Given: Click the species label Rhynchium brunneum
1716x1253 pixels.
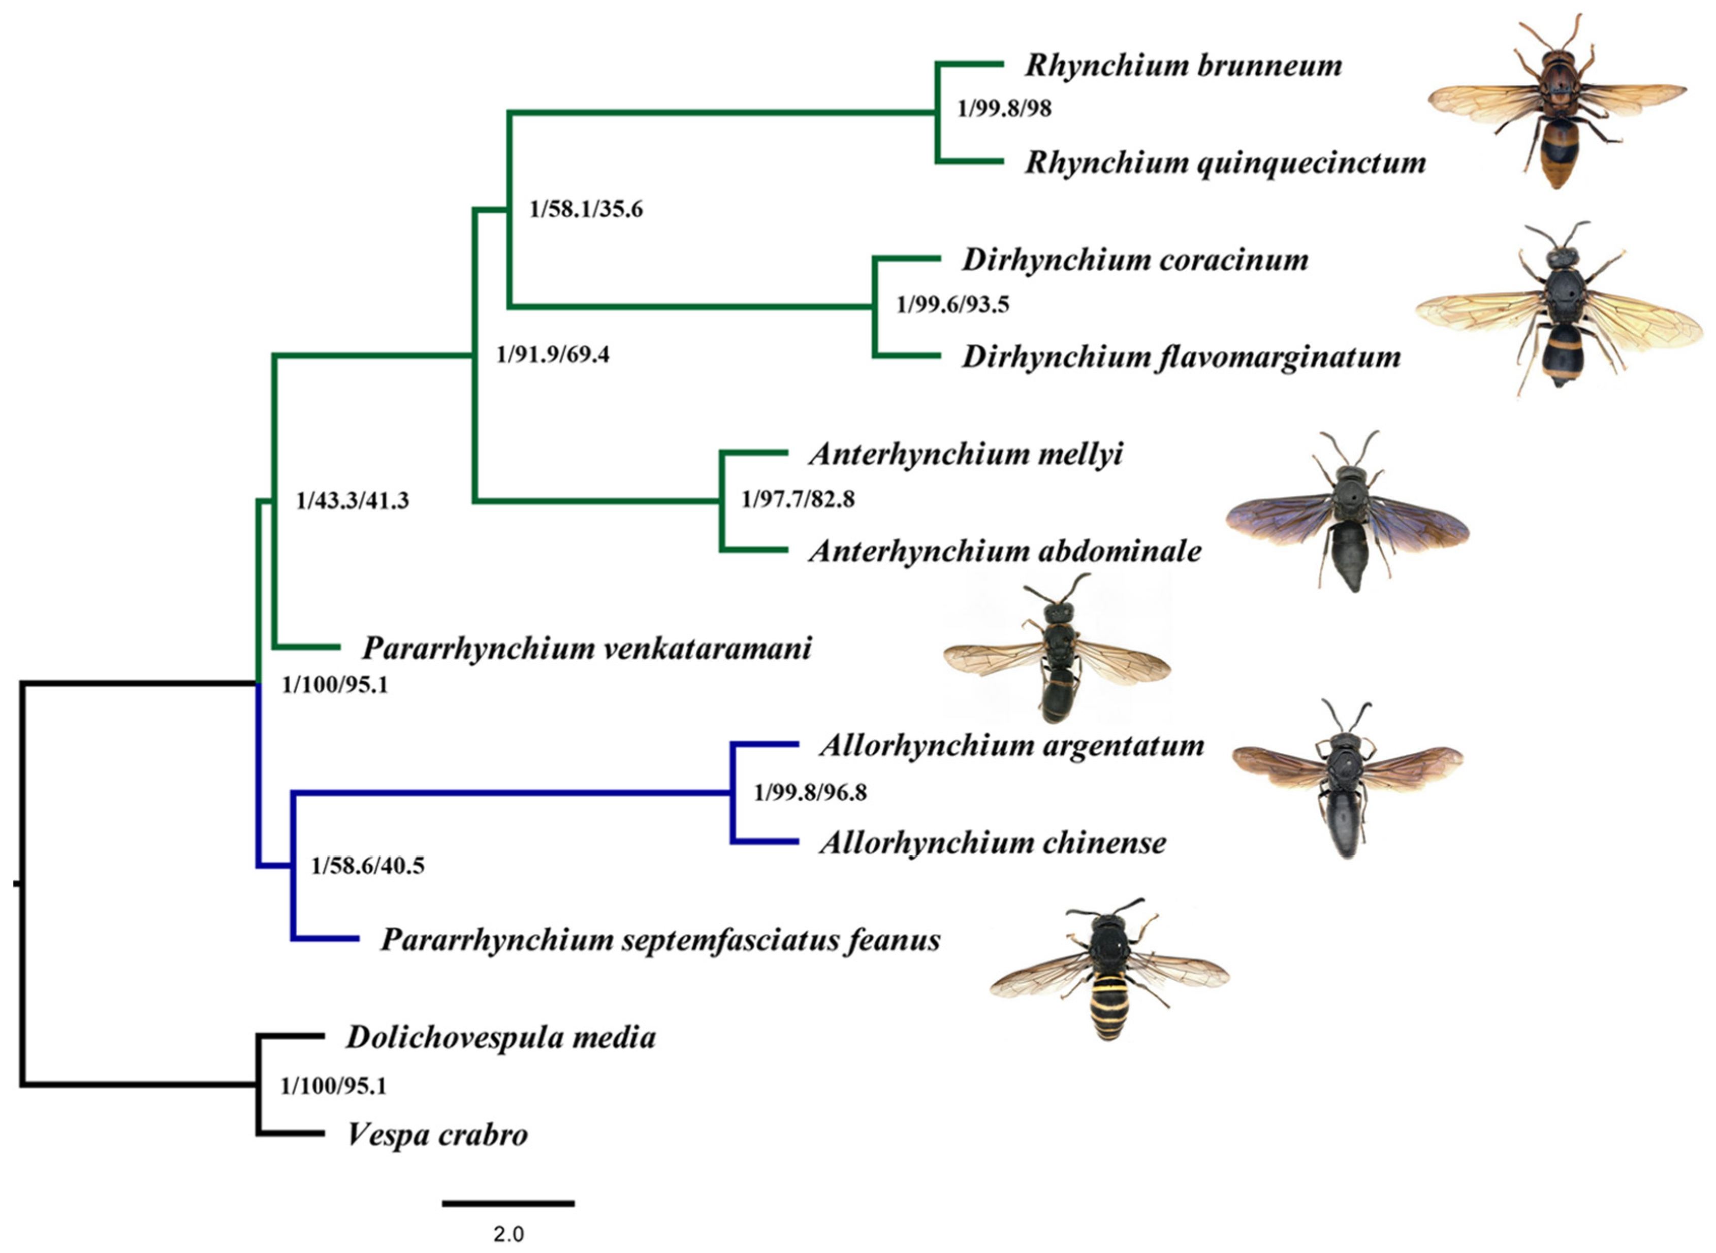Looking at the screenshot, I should point(1183,66).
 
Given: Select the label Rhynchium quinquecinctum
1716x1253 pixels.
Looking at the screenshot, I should point(1224,163).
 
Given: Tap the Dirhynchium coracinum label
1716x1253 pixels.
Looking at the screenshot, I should point(1135,260).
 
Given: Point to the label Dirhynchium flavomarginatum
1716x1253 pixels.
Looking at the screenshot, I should point(1181,357).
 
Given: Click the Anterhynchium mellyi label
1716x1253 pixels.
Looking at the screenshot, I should point(965,455).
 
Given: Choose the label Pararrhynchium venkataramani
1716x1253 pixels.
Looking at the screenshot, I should point(586,649).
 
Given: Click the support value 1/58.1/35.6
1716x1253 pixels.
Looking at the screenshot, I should point(586,209).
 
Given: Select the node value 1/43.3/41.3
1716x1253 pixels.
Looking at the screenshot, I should point(352,501).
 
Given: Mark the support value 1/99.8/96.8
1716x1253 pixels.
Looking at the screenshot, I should point(810,793).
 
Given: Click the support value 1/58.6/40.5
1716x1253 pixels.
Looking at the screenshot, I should point(367,865).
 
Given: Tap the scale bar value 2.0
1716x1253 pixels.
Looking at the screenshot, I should point(509,1235).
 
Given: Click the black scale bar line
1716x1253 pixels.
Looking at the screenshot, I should point(509,1203).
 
